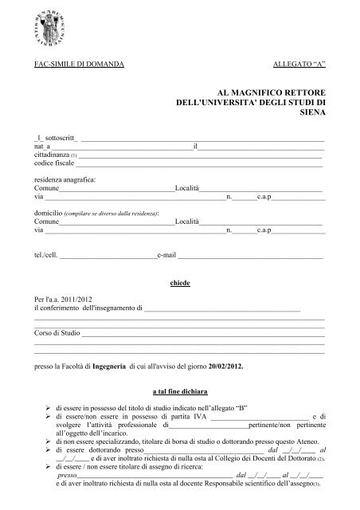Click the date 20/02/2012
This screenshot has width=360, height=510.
coord(229,370)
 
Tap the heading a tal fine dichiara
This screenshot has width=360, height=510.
coord(180,393)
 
